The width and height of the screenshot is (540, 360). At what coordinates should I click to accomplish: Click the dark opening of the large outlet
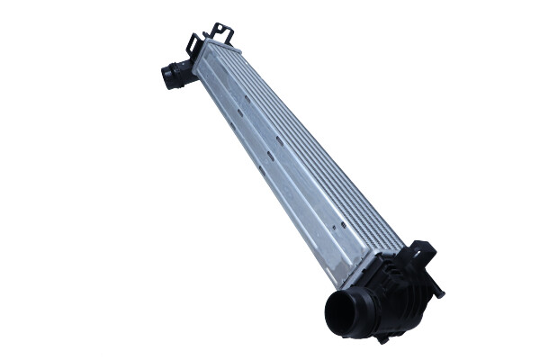point(343,314)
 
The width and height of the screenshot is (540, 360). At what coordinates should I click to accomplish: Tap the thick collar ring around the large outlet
point(356,301)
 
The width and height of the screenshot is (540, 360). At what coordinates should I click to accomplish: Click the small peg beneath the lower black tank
point(383,337)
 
